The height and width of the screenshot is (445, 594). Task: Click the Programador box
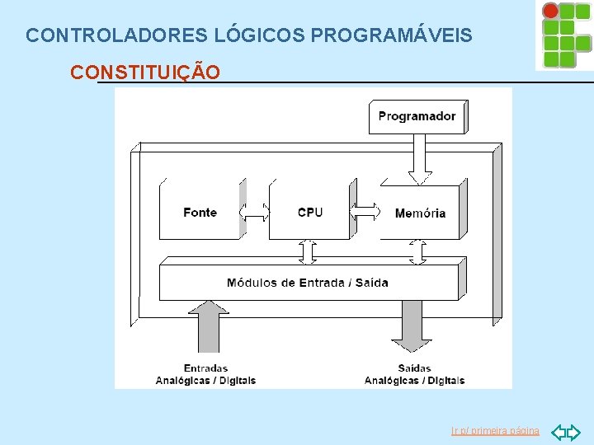(417, 116)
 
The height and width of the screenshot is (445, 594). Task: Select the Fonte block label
(200, 213)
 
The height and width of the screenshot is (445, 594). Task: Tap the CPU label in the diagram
(310, 213)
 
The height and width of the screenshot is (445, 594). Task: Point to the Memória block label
(420, 213)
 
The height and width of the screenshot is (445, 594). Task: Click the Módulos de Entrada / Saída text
(308, 283)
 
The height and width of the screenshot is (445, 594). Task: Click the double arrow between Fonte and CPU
(255, 212)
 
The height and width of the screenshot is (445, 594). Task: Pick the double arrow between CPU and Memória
(365, 212)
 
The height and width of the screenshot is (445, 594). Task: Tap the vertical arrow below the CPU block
(308, 251)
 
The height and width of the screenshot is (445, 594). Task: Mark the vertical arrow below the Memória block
(418, 251)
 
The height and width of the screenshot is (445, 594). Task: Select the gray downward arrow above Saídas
(409, 326)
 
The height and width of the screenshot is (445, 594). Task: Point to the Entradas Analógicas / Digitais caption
(205, 374)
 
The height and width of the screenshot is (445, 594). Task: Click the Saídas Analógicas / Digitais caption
(414, 374)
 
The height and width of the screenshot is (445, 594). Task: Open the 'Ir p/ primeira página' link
(495, 431)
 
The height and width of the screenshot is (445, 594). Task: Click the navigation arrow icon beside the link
(565, 431)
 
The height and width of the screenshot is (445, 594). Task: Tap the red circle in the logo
(550, 11)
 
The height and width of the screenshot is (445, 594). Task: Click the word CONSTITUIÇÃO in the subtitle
(145, 73)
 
